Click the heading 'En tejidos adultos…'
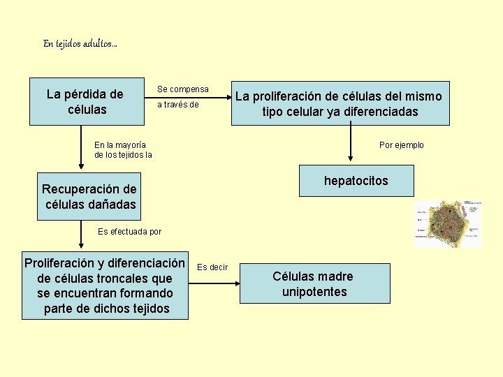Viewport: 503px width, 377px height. (80, 44)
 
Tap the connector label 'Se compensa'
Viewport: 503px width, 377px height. (182, 89)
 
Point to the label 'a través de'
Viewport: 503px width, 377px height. (177, 105)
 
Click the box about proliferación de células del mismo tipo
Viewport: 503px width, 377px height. (340, 104)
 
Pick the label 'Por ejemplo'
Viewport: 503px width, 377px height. (401, 145)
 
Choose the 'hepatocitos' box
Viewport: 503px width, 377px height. (356, 181)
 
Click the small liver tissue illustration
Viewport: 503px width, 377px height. (448, 223)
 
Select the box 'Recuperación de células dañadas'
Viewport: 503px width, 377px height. (89, 197)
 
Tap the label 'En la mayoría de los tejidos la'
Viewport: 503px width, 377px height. (123, 149)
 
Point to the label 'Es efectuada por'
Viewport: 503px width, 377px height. (129, 232)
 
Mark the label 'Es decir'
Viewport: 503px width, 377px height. (212, 267)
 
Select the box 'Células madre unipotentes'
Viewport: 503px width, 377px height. (314, 283)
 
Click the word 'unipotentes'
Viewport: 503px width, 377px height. (314, 292)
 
